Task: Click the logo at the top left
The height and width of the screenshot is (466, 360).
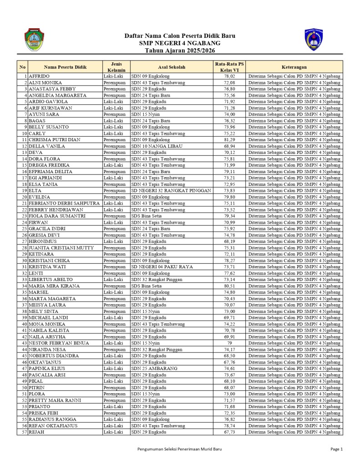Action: [33, 40]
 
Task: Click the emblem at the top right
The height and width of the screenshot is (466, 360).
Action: [314, 40]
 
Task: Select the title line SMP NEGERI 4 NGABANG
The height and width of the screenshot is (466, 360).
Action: [180, 43]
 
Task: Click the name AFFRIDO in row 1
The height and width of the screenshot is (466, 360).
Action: [40, 76]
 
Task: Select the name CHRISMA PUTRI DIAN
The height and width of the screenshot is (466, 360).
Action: [55, 139]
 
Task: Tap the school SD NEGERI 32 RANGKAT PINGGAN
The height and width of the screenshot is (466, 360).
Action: [171, 190]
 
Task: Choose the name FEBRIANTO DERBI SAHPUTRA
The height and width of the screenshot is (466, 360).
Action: [64, 203]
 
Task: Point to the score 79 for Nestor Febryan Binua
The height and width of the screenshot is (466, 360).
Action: [229, 343]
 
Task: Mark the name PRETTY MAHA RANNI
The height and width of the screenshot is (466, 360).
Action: [55, 400]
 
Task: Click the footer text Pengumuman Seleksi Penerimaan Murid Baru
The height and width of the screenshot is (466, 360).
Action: [179, 449]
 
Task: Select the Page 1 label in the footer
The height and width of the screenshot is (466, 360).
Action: [336, 449]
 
